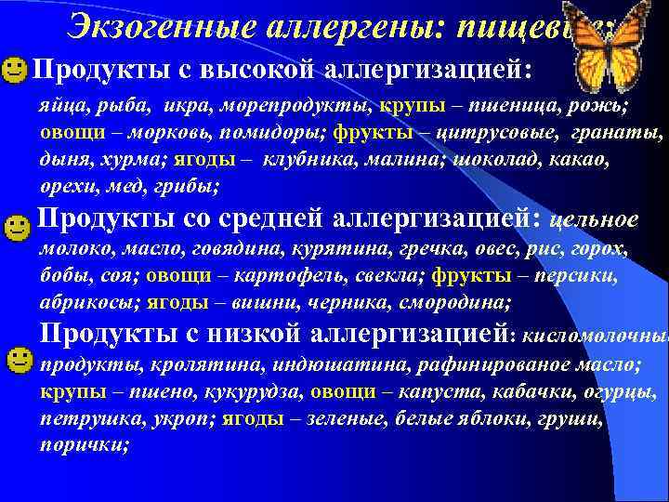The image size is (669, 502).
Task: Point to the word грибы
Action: point(189,187)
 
